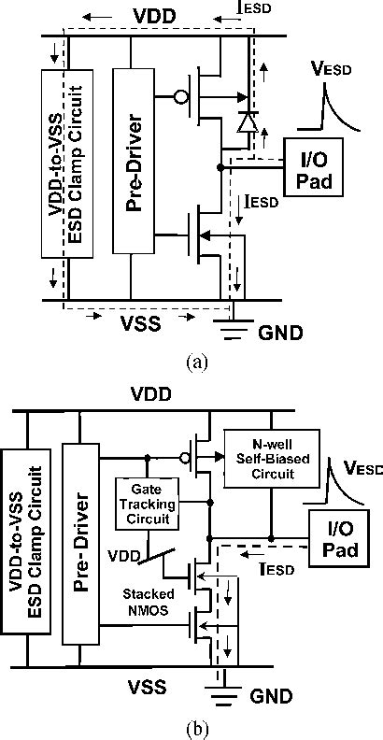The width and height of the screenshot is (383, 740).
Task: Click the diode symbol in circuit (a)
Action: click(248, 121)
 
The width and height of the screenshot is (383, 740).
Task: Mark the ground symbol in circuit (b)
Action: click(221, 696)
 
